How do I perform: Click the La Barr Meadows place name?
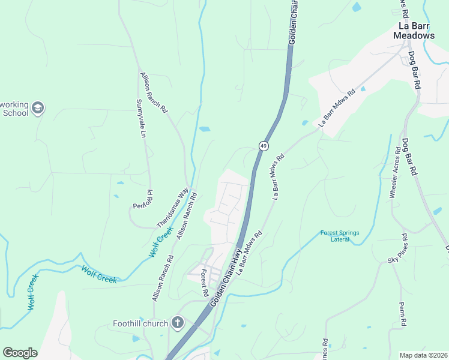tap(414, 31)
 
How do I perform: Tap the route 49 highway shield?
tap(264, 146)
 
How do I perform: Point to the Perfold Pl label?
tap(144, 199)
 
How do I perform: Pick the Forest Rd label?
tap(204, 283)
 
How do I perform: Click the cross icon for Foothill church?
tap(177, 323)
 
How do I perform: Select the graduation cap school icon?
tap(38, 108)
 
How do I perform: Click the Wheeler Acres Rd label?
tap(394, 173)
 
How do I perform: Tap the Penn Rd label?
tap(403, 314)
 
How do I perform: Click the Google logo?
tap(20, 353)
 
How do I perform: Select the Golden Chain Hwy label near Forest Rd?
tap(225, 278)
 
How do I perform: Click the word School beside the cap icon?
tap(15, 112)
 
